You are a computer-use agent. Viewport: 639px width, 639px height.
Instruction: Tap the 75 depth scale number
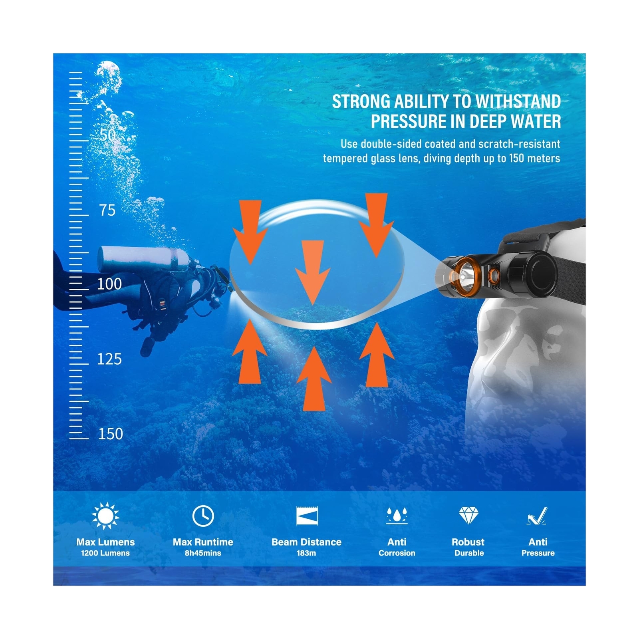(107, 210)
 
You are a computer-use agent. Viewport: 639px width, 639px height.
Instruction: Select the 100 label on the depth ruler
(109, 284)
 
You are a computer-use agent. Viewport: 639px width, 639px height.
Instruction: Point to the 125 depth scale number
(109, 359)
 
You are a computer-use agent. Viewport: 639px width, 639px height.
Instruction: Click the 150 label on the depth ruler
(111, 434)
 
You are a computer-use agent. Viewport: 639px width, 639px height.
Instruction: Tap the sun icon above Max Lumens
(105, 516)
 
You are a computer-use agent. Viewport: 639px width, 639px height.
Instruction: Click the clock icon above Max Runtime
(203, 516)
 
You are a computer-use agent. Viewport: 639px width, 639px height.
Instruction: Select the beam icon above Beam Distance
(307, 516)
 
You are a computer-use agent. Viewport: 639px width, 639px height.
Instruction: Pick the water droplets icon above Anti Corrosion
(397, 515)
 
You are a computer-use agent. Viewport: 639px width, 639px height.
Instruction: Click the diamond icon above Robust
(468, 515)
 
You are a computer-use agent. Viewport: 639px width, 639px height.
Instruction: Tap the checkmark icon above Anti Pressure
(537, 516)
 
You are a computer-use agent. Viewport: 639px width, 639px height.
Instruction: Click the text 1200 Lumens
(105, 553)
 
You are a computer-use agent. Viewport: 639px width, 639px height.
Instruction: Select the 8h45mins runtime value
(203, 553)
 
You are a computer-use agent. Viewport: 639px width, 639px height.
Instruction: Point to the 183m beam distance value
(306, 553)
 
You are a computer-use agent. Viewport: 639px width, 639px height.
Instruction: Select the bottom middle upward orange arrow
(314, 379)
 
